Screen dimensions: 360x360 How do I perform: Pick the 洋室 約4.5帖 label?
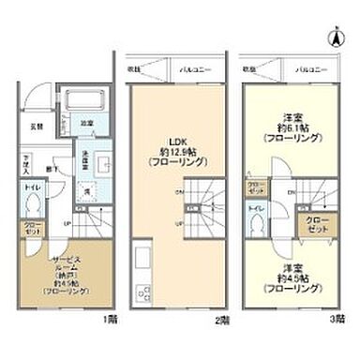pyautogui.click(x=294, y=281)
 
